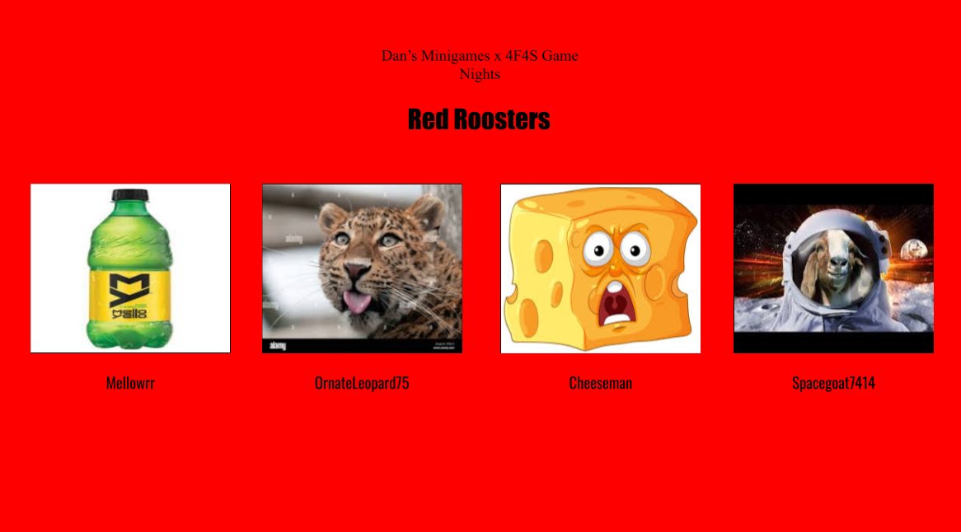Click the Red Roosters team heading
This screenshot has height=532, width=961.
[479, 119]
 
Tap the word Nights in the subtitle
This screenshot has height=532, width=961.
[480, 74]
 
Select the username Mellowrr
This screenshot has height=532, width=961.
[130, 383]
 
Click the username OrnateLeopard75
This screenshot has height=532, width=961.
[362, 383]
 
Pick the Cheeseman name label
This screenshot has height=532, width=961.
[600, 383]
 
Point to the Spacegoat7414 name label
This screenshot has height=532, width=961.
[833, 383]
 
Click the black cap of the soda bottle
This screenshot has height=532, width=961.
[130, 195]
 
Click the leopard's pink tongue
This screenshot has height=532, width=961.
[357, 303]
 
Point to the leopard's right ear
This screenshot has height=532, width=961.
[427, 212]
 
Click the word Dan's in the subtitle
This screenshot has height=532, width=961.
[399, 56]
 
